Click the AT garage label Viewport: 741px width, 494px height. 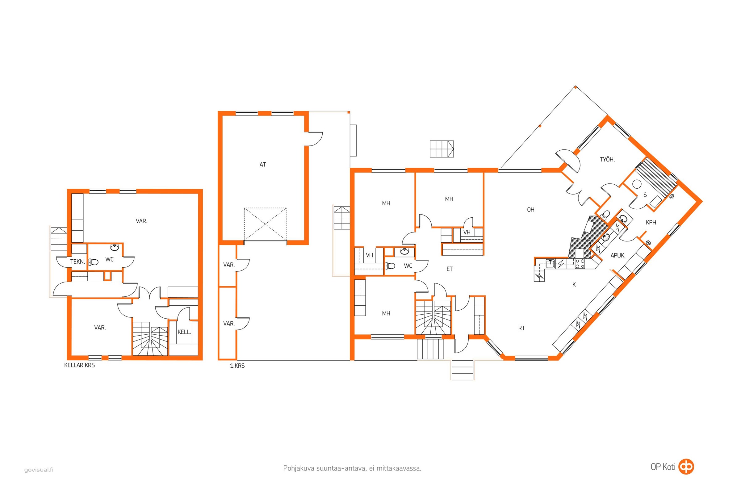point(262,165)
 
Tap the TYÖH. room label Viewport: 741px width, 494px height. point(607,159)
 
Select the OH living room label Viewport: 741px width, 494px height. point(530,210)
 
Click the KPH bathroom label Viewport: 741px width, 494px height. point(651,222)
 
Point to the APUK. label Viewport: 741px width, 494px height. point(618,256)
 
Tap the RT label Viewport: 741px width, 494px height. point(521,328)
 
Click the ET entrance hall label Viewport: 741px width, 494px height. point(450,269)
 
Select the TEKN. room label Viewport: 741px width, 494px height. point(77,262)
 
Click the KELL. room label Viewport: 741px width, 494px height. point(184,332)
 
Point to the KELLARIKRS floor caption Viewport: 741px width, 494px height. point(79,365)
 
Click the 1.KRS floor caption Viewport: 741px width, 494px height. point(237,366)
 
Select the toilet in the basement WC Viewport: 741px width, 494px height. point(93,262)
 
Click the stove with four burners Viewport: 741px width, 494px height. point(580,263)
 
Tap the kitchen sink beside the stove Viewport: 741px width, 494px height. point(550,263)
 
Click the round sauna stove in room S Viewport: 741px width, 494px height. point(637,184)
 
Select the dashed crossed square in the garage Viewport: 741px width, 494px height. point(265,224)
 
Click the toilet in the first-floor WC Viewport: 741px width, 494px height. point(390,266)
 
